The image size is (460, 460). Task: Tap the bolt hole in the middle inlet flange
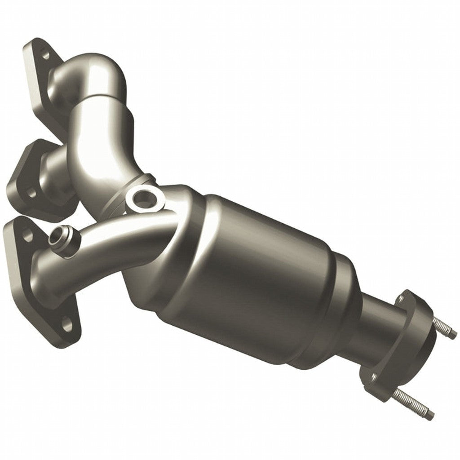point(30,193)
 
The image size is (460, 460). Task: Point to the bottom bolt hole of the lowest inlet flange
point(67,324)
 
